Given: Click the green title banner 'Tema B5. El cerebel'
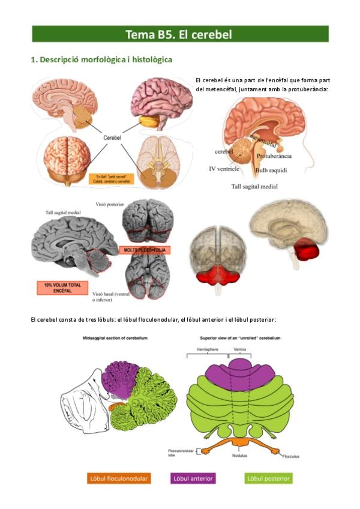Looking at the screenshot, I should [x=180, y=34].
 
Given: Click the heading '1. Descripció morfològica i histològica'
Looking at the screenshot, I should [x=101, y=60].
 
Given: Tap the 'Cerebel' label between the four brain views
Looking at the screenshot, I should [x=112, y=137].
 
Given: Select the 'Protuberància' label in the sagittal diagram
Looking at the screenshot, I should [x=274, y=156].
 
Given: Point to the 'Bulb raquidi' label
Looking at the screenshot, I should [x=271, y=170].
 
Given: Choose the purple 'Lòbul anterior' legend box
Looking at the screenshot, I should [x=193, y=478].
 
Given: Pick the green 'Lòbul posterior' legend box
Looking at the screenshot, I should [x=269, y=478].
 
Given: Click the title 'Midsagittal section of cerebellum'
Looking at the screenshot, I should [x=115, y=339].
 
